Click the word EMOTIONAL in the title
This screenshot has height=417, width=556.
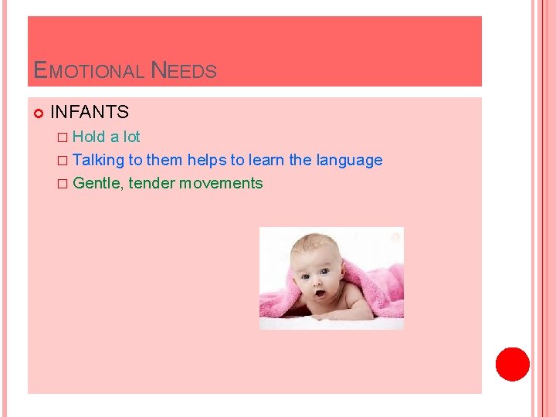coord(90,72)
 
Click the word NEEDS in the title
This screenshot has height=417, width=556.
coord(184,72)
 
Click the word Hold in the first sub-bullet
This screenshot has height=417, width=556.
coord(89,137)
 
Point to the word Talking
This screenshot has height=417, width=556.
coord(99,160)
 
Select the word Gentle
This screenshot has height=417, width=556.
coord(98,183)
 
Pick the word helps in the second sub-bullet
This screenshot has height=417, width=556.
coord(206,160)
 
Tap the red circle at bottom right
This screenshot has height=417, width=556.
coord(512,364)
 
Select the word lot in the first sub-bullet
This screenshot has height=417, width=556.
coord(132,137)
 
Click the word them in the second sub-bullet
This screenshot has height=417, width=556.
coord(164,160)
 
